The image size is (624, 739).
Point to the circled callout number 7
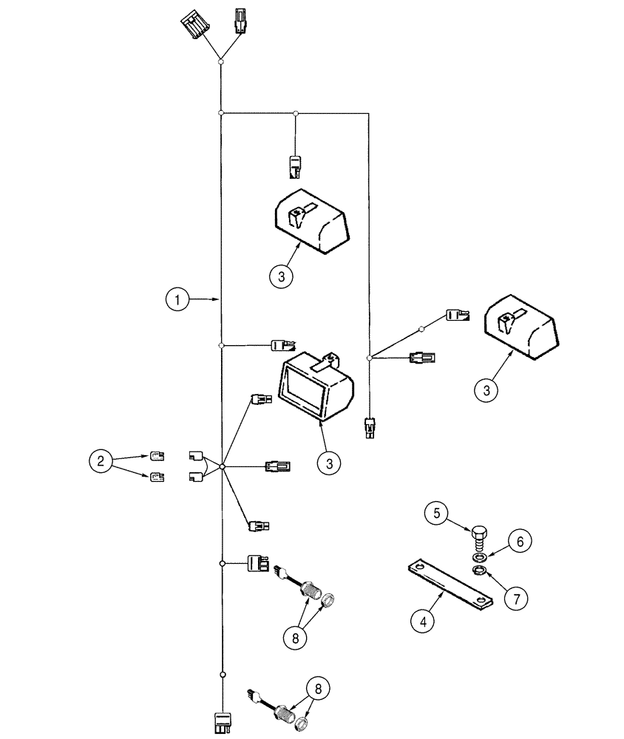click(x=517, y=596)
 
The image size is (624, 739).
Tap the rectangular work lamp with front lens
click(x=314, y=384)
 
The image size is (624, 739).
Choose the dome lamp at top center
click(x=311, y=219)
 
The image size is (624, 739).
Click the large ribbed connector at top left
click(x=194, y=27)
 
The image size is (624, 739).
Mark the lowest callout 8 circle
click(x=318, y=689)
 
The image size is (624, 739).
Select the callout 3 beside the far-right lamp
click(x=486, y=389)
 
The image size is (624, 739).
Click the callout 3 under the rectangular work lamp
click(x=330, y=463)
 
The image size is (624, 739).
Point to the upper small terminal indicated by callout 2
click(x=157, y=455)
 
